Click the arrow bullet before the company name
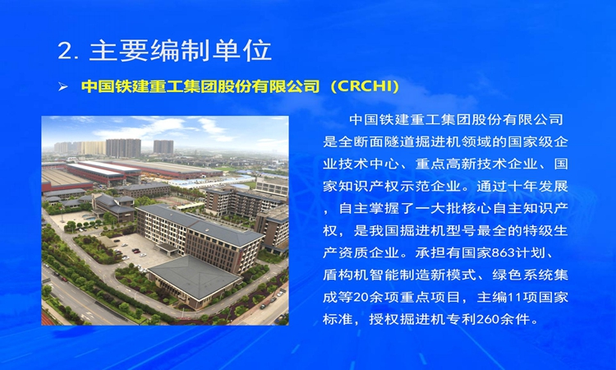point(63,86)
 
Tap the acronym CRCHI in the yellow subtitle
point(365,86)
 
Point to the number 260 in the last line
point(489,319)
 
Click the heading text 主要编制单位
point(181,50)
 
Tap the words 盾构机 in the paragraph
point(346,275)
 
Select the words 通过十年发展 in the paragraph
point(522,186)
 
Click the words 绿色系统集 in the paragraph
point(531,275)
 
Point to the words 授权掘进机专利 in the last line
point(422,319)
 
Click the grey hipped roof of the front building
point(195,276)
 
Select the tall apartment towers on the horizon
point(123,148)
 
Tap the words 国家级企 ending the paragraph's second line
point(538,141)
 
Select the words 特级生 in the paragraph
point(545,230)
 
